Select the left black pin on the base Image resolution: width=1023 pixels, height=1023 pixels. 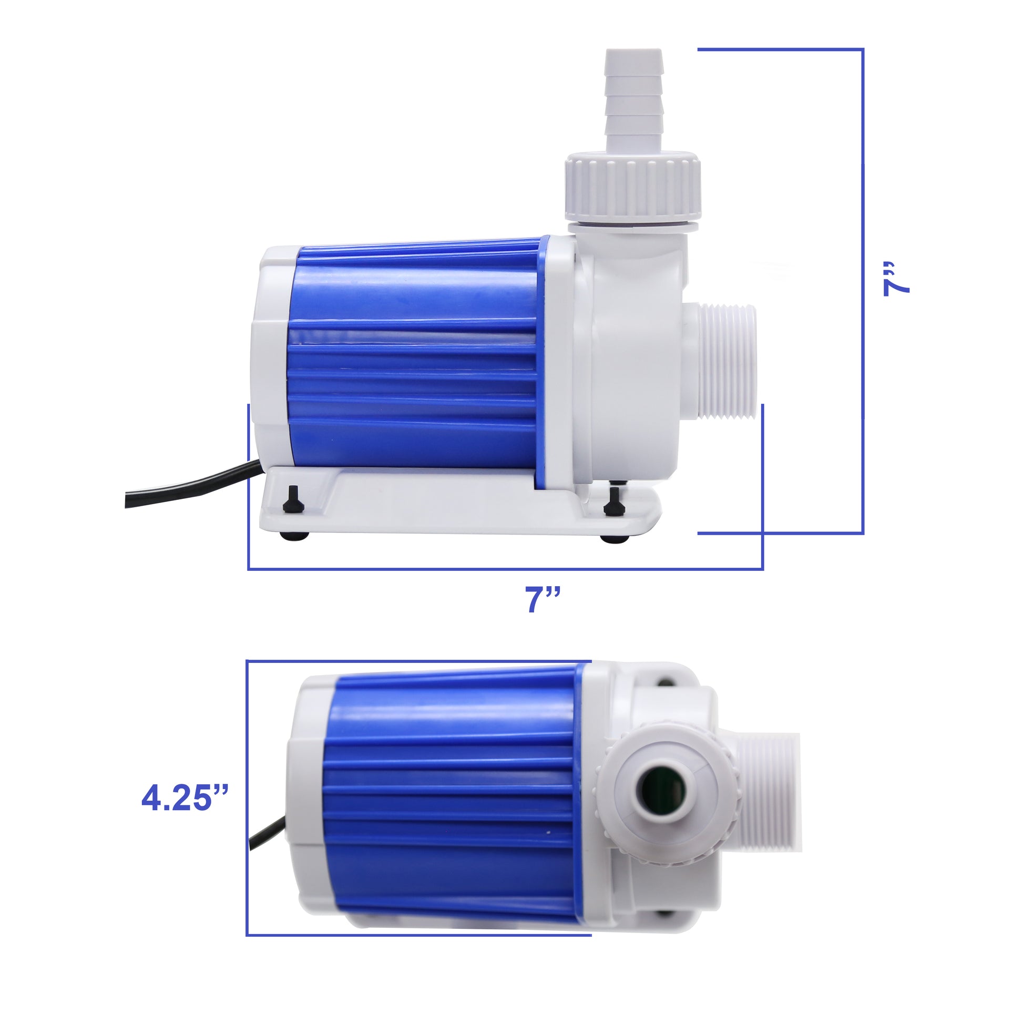[289, 498]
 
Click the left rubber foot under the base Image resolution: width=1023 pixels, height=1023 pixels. [294, 536]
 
